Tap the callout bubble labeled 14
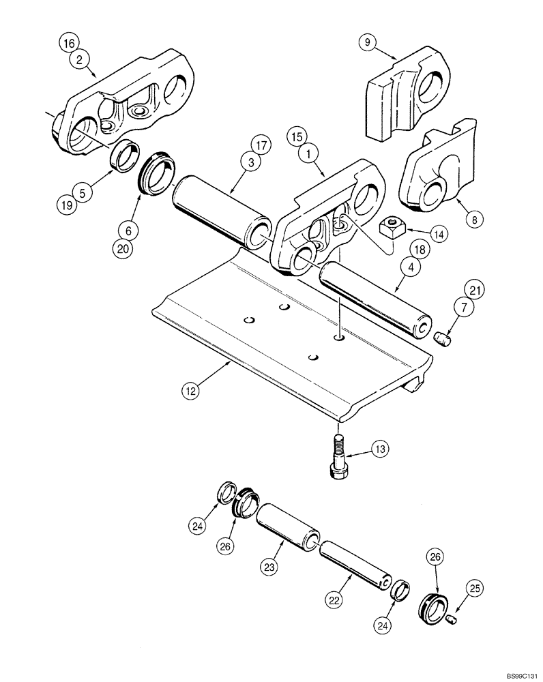click(438, 233)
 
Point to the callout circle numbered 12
click(191, 391)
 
